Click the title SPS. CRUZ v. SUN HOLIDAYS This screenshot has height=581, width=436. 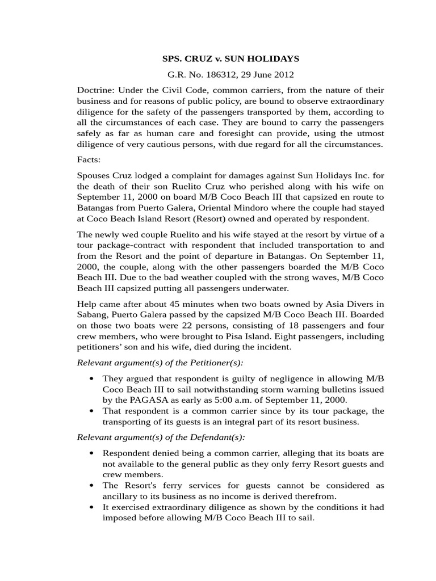(231, 58)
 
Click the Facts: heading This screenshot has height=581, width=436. (89, 159)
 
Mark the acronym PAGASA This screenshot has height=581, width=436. (150, 399)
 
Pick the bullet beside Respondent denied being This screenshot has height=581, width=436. (91, 453)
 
